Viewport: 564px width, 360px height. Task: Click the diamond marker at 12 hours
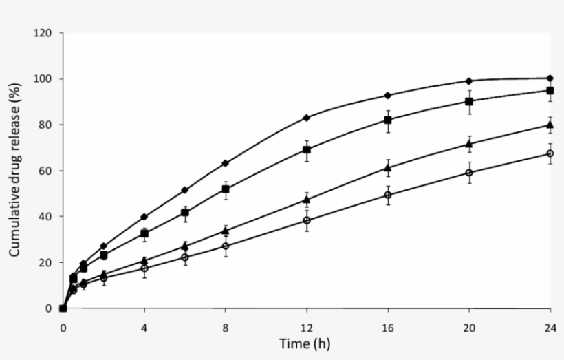point(306,118)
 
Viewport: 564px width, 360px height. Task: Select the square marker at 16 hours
point(388,120)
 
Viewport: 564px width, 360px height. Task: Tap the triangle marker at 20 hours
point(469,145)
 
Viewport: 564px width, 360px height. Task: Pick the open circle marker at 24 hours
point(550,153)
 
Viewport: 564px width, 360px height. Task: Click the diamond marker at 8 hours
point(225,163)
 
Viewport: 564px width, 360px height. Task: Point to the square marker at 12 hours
point(306,149)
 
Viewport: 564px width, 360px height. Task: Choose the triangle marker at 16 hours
point(388,167)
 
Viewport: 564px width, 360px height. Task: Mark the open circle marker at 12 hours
point(306,220)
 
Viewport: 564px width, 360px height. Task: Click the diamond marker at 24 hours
point(550,78)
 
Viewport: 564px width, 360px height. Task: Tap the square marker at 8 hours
point(225,189)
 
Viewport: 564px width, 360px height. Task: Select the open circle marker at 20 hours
point(469,173)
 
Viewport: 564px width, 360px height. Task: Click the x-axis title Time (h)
point(305,343)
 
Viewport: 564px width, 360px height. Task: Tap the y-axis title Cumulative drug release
point(14,171)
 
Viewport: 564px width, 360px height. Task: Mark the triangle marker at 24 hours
point(550,125)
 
